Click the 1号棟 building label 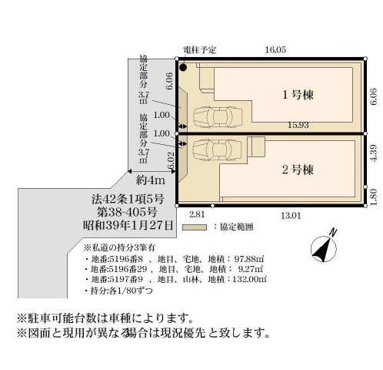tap(298, 95)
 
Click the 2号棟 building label tap(298, 170)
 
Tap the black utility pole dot tap(183, 68)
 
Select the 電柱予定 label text tap(200, 50)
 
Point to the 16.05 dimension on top tap(275, 50)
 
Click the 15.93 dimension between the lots tap(298, 125)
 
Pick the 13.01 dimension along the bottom tap(291, 215)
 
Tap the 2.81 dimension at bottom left tap(197, 214)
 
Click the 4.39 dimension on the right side tap(374, 153)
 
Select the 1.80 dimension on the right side tap(374, 197)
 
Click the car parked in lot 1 tap(218, 117)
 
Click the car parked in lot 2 tap(217, 150)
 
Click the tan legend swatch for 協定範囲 tap(195, 227)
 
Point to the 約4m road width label tap(151, 180)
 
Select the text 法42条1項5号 tap(128, 199)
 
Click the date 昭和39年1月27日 tap(128, 225)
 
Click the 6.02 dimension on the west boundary tap(171, 160)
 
